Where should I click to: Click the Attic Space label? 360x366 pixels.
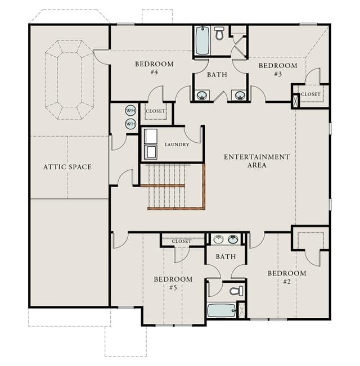click(67, 167)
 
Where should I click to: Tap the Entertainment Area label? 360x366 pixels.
click(257, 161)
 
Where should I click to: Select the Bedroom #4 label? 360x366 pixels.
click(154, 67)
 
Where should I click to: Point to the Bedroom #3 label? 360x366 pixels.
click(278, 70)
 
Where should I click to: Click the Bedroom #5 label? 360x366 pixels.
click(173, 283)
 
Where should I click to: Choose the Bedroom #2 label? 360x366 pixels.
click(287, 277)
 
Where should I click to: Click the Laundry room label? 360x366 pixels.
click(177, 144)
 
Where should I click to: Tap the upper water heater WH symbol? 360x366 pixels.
click(130, 110)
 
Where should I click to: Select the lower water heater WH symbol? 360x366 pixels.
click(130, 124)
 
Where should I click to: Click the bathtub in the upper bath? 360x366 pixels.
click(202, 40)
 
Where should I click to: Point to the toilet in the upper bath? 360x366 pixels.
click(219, 33)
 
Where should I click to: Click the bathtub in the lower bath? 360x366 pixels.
click(222, 310)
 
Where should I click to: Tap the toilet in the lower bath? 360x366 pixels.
click(236, 291)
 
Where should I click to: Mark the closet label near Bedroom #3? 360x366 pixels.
click(310, 94)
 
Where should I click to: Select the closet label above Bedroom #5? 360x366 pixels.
click(181, 241)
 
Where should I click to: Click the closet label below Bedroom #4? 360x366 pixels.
click(155, 111)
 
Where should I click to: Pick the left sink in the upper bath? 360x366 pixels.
click(202, 95)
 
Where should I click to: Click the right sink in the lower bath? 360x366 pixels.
click(233, 240)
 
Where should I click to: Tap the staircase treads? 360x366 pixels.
click(166, 186)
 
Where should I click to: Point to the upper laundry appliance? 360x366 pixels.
click(151, 136)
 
